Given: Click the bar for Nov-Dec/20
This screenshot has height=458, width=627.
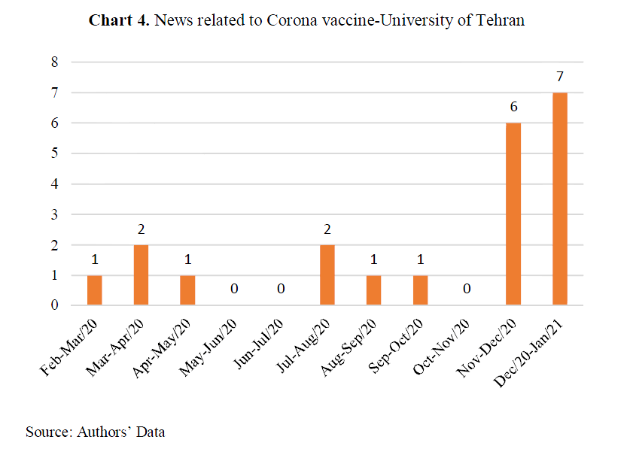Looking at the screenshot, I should (x=513, y=214).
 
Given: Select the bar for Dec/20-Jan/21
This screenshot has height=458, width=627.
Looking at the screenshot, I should (x=559, y=199).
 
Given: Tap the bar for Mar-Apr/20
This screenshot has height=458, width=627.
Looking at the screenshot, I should (x=141, y=274).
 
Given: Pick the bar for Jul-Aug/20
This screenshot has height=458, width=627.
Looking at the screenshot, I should (x=327, y=274).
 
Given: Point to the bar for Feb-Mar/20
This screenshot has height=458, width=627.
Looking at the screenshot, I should (x=94, y=290).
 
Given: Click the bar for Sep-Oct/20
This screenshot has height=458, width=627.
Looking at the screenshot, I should (x=420, y=290).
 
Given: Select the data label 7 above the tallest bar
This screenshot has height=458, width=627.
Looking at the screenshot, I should (x=560, y=76).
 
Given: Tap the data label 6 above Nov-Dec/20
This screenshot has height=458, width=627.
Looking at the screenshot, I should (x=513, y=107).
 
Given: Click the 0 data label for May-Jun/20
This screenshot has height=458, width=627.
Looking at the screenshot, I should (x=234, y=290).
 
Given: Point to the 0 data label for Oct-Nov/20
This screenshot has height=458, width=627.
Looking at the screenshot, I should (x=467, y=290).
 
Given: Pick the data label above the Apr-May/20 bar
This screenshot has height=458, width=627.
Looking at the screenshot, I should (x=187, y=259).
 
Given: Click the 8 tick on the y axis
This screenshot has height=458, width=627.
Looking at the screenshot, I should (x=54, y=62).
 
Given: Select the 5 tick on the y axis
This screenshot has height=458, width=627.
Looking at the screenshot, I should (x=54, y=153).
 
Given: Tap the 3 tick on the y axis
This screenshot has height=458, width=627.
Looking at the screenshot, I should (x=54, y=214).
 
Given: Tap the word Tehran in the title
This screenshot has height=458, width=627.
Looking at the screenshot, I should (x=500, y=20).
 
